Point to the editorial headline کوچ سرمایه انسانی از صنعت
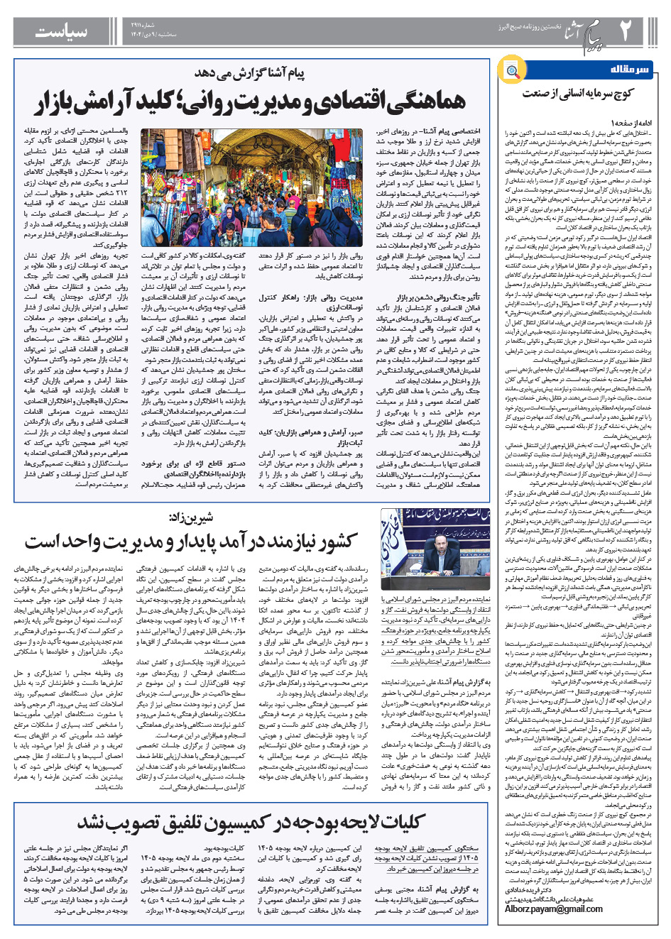577,93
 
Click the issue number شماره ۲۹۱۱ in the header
180,25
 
